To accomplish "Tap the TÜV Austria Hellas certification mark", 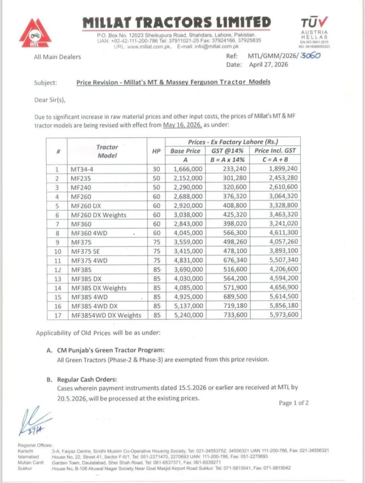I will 314,31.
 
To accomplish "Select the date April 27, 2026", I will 267,65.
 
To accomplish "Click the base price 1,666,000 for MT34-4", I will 188,168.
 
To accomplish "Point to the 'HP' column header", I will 156,151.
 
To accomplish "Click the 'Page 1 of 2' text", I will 294,403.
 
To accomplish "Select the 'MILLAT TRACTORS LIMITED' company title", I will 176,22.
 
